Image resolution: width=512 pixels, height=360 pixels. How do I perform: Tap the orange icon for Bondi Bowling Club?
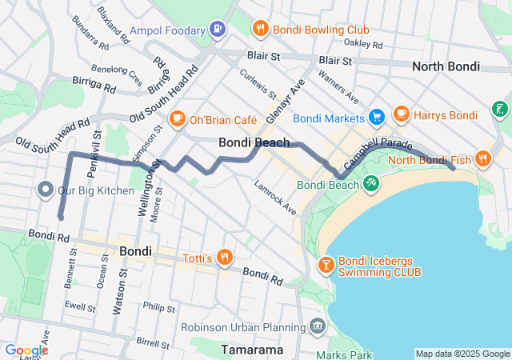(x=260, y=30)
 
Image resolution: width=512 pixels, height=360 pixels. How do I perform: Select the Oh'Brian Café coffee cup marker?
(x=176, y=120)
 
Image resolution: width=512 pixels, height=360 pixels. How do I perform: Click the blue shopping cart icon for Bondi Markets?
(x=376, y=118)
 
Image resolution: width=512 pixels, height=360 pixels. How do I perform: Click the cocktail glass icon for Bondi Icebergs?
(x=326, y=264)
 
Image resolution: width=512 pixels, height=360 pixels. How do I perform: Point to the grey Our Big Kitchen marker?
(x=45, y=190)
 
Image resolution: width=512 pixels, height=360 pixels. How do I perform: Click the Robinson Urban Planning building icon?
(x=318, y=326)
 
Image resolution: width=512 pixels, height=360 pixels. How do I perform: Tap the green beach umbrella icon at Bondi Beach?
(x=370, y=185)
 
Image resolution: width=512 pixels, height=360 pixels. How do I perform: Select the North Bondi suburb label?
(x=446, y=66)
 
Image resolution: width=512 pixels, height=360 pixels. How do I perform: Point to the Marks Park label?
(x=344, y=354)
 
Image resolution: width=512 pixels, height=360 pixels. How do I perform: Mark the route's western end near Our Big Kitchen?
(x=61, y=217)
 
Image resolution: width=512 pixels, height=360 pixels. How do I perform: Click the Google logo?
(x=26, y=350)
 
